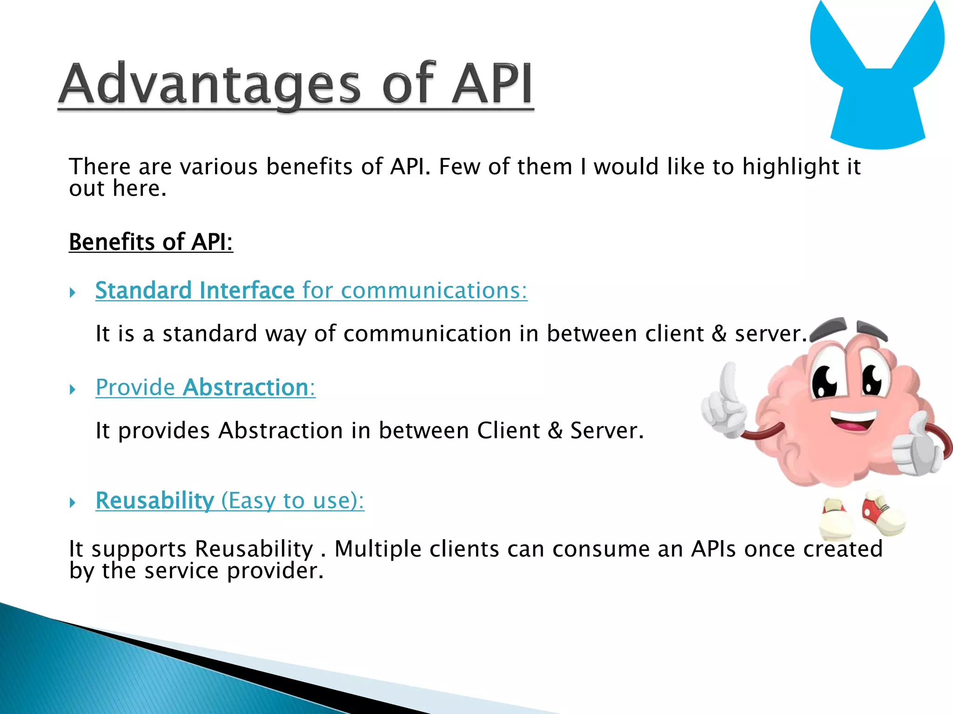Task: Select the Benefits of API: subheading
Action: tap(151, 242)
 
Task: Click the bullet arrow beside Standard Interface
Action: tap(73, 292)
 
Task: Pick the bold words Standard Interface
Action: tap(195, 291)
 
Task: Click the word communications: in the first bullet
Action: tap(434, 291)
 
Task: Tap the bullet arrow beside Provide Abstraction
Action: tap(73, 389)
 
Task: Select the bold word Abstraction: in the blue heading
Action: tap(249, 387)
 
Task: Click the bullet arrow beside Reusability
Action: tap(73, 502)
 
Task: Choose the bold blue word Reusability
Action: tap(154, 501)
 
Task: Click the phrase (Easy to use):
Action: tap(292, 501)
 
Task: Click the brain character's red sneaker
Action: tap(879, 511)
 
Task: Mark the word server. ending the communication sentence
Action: tap(770, 334)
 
